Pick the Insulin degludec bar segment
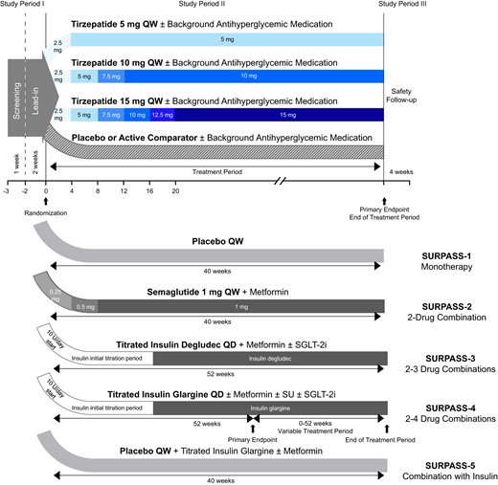[267, 357]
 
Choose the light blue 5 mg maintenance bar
[226, 40]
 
